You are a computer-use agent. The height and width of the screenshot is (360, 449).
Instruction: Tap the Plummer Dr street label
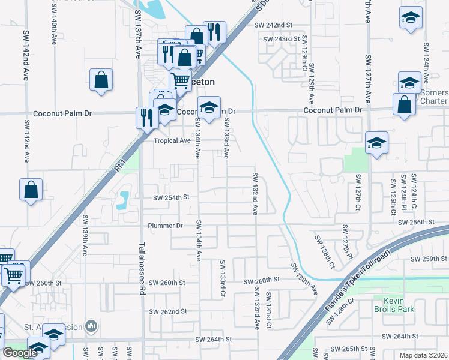[x=165, y=226]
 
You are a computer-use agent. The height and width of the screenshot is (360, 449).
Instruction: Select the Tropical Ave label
[x=172, y=140]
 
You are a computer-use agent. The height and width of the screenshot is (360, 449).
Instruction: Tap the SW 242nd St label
[x=273, y=25]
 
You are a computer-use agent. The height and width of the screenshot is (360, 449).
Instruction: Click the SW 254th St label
[x=171, y=197]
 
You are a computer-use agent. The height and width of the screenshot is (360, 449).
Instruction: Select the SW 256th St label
[x=415, y=222]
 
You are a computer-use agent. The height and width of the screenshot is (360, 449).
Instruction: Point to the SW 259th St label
[x=429, y=259]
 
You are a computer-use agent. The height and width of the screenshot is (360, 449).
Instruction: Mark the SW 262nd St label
[x=169, y=311]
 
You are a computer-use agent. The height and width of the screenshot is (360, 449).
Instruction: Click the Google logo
[x=20, y=353]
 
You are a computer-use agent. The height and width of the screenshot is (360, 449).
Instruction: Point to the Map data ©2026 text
[x=423, y=355]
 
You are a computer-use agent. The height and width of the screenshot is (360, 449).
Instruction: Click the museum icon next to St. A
[x=91, y=326]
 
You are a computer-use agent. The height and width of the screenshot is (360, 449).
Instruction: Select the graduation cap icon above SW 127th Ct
[x=376, y=143]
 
